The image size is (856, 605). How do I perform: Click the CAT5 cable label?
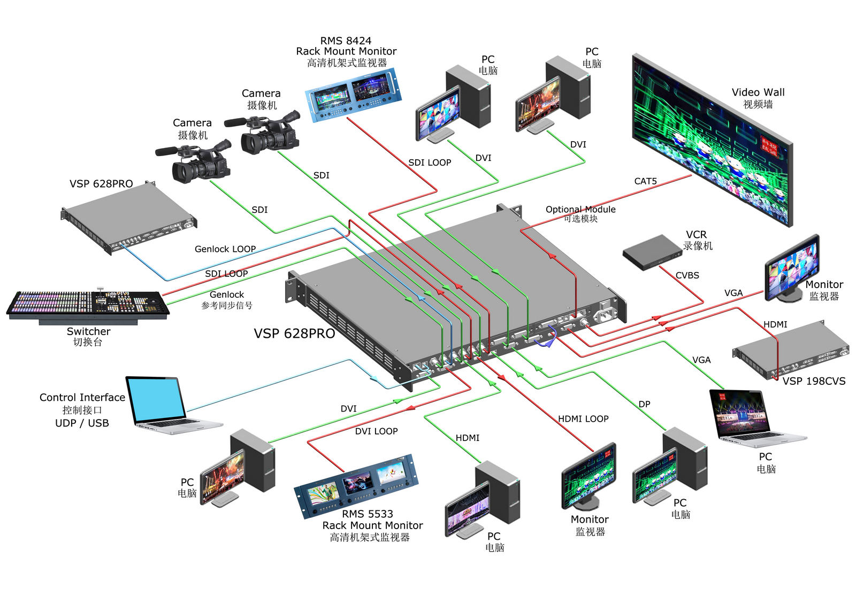click(645, 181)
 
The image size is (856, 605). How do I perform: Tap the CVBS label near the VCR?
click(687, 275)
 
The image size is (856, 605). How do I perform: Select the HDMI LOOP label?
click(583, 418)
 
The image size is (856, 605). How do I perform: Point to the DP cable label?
click(644, 404)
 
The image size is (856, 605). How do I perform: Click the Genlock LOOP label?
click(225, 249)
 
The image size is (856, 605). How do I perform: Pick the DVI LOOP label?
click(377, 431)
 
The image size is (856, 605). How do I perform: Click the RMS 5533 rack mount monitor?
click(356, 485)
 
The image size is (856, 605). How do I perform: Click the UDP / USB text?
click(82, 423)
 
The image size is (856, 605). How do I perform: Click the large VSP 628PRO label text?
click(294, 333)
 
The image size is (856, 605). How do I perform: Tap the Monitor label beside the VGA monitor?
click(824, 284)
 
